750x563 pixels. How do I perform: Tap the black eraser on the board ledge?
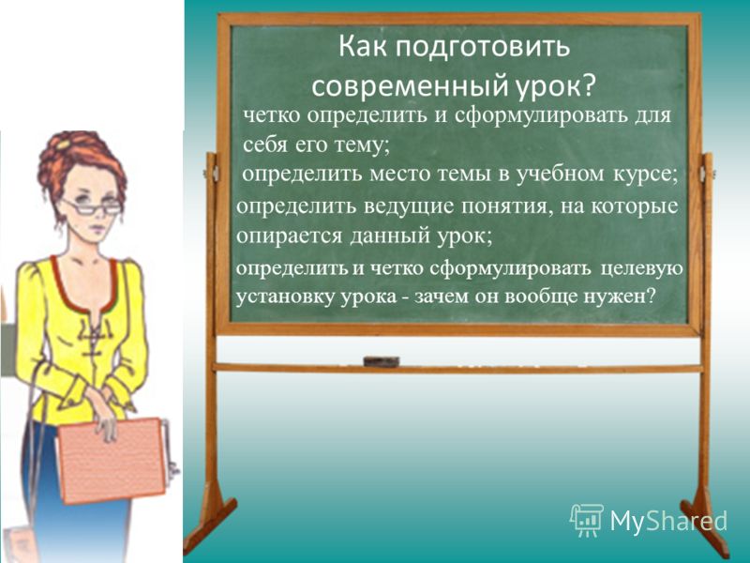coord(382,361)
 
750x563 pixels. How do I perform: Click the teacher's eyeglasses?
coord(95,207)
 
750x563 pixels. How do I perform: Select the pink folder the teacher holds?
coord(112,461)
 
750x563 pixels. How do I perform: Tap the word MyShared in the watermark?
coord(668,521)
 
